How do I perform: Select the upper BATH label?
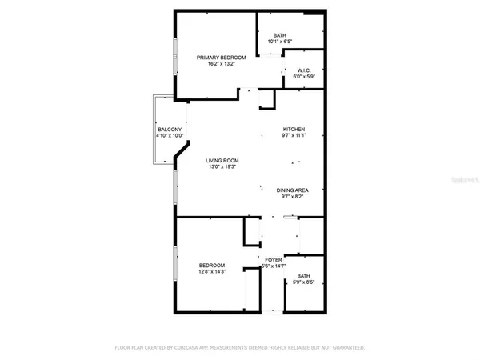(x=279, y=35)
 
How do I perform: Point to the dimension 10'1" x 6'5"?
(x=279, y=43)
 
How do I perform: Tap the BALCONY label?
(x=169, y=130)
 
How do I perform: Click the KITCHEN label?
(x=294, y=130)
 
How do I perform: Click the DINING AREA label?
(x=291, y=190)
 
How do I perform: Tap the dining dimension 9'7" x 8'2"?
(x=291, y=198)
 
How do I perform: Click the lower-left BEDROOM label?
(x=212, y=265)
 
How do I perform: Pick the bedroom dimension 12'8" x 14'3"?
(x=212, y=273)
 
